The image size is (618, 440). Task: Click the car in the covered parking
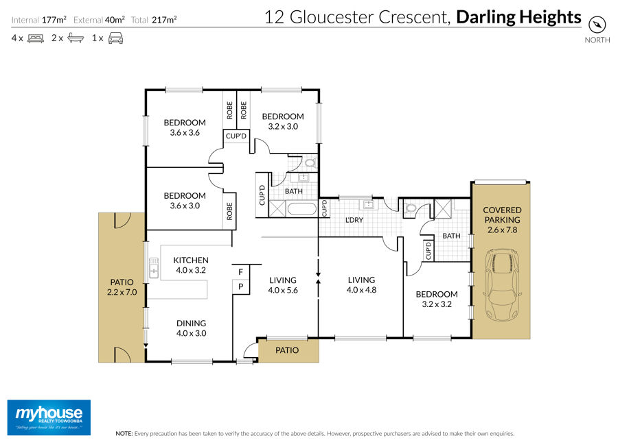pos(502,285)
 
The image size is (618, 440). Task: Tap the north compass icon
pos(597,25)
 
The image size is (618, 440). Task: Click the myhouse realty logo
pos(49,417)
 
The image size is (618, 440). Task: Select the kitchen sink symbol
pos(153,268)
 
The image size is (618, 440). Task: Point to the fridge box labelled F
pos(241,271)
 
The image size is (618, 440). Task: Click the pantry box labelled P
pos(241,286)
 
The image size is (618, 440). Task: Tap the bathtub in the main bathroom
pos(301,208)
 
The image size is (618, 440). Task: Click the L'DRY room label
pos(354,220)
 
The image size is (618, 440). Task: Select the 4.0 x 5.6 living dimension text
pos(283,291)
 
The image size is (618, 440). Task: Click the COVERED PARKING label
pos(502,215)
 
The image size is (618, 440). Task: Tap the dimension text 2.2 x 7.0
pos(122,293)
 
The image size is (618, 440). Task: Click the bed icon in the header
pos(36,38)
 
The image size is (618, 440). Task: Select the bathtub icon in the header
pos(76,38)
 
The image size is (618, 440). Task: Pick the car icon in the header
pos(115,38)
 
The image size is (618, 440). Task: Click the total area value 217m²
pos(164,20)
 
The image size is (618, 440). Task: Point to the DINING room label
pos(191,323)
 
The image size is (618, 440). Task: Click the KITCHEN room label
pos(191,260)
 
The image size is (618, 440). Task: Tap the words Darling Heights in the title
pos(518,17)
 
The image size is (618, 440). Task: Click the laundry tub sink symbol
pos(368,204)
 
